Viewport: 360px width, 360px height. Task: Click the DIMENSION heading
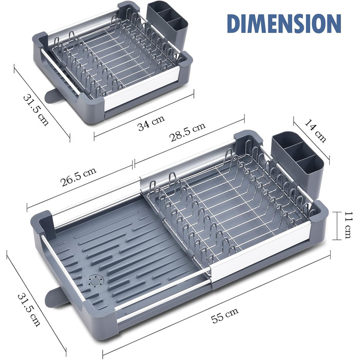(284, 24)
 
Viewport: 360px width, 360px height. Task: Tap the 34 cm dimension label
(151, 122)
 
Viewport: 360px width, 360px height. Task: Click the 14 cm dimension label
(315, 131)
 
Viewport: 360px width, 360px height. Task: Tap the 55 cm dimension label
(225, 315)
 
